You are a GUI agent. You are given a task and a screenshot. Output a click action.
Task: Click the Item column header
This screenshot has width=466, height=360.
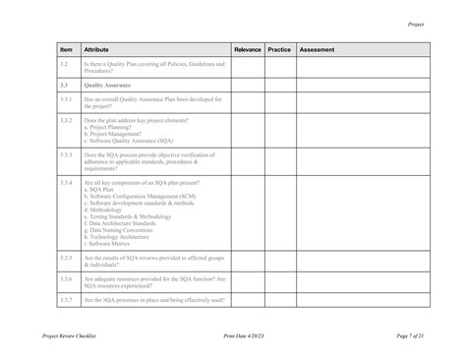click(67, 49)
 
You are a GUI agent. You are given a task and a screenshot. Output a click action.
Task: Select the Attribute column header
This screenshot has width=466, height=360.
click(97, 49)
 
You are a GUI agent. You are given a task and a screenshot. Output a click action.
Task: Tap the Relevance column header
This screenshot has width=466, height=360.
click(248, 49)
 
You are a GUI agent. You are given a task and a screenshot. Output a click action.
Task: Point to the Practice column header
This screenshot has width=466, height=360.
click(279, 49)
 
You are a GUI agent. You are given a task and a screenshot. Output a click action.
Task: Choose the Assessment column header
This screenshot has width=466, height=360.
click(317, 49)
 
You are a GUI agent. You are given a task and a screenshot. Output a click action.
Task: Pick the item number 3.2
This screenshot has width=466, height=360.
click(64, 64)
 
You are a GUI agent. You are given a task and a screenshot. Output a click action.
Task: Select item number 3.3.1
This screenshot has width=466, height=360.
click(66, 99)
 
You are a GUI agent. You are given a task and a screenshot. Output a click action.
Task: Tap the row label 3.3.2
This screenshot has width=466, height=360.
click(66, 120)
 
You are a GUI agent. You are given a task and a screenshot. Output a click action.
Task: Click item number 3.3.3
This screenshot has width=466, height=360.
click(66, 154)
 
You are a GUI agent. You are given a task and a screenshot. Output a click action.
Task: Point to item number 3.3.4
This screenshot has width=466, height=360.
click(66, 183)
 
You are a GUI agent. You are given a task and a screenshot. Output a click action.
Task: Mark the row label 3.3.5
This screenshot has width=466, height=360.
click(66, 257)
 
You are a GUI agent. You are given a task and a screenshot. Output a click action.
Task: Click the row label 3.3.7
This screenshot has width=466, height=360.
click(66, 299)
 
